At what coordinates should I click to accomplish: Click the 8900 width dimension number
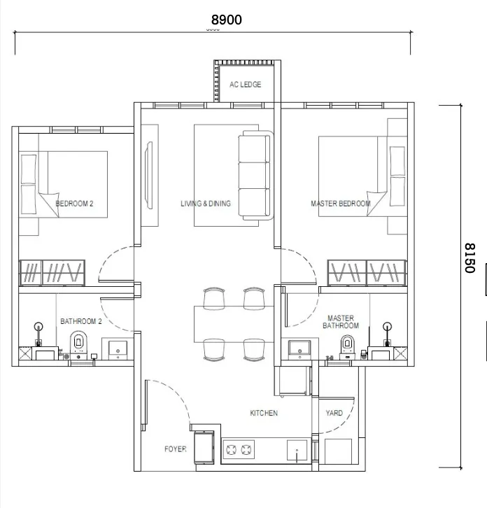point(227,20)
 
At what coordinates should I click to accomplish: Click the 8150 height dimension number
point(470,258)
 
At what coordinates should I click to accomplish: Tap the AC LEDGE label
point(246,85)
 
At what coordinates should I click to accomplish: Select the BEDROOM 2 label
point(74,204)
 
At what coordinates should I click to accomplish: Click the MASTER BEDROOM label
point(341,204)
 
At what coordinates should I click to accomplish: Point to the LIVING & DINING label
point(206,204)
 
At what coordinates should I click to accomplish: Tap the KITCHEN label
point(264,413)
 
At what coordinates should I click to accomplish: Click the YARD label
point(334,413)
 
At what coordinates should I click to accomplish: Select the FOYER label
point(176,449)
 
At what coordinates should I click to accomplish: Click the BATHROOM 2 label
point(81,321)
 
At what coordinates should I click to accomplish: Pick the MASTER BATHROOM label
point(341,322)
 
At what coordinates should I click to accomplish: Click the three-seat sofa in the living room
point(256,175)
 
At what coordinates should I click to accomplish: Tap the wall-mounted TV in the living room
point(149,175)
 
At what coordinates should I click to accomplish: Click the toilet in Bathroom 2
point(78,345)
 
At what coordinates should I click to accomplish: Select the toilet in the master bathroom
point(347,346)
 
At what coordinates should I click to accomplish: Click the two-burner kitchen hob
point(239,450)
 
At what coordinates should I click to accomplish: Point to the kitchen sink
point(297,450)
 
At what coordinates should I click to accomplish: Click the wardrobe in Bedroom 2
point(52,273)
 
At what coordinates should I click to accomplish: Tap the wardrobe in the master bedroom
point(367,273)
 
